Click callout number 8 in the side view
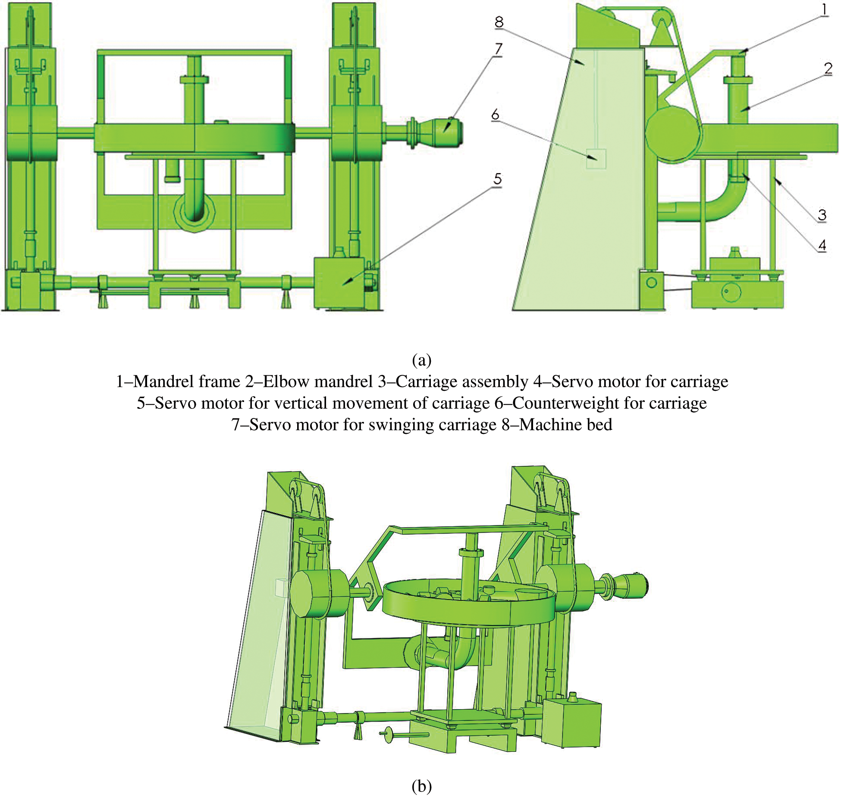tap(499, 22)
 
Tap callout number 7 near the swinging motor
tap(499, 48)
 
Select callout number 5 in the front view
tap(498, 179)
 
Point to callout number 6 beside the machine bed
tap(495, 114)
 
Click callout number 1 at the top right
tap(824, 9)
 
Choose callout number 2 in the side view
tap(828, 68)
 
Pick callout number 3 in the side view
tap(822, 214)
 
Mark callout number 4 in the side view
tap(822, 245)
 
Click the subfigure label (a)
tap(421, 360)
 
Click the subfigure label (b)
tap(421, 786)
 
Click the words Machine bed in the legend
tap(565, 425)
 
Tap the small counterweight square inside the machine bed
tap(596, 159)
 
